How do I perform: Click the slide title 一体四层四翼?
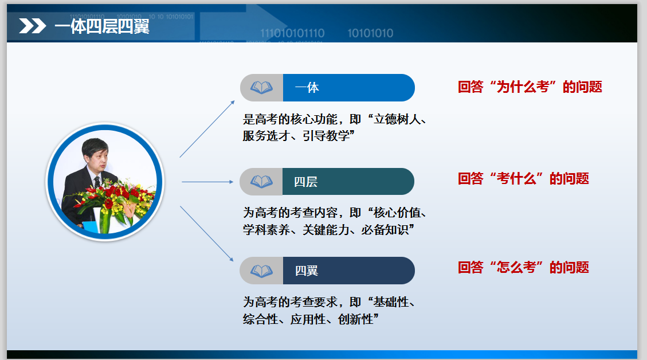click(102, 26)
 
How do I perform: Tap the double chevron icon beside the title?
click(32, 26)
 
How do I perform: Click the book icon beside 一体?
click(261, 88)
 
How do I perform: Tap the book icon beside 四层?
click(261, 182)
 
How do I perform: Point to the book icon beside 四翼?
click(261, 271)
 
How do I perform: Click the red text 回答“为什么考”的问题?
click(530, 87)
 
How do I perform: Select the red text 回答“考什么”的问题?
click(523, 179)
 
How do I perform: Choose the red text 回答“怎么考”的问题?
click(523, 268)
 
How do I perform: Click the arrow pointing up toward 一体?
click(207, 129)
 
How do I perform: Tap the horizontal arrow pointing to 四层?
click(207, 182)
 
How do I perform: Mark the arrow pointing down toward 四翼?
click(207, 234)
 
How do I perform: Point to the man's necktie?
click(97, 182)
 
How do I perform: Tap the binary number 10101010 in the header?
click(371, 33)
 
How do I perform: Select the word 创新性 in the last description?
click(355, 319)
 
